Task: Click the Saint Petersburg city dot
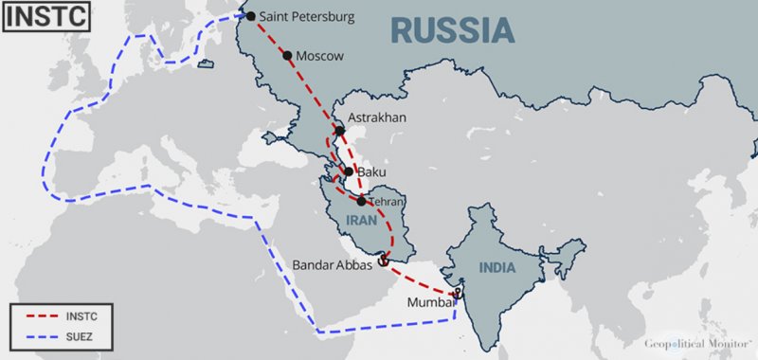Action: tap(250, 15)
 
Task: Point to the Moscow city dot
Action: tap(288, 55)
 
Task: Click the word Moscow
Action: tap(319, 56)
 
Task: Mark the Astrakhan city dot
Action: tap(339, 130)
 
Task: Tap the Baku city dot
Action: tap(349, 171)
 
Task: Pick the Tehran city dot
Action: tap(362, 201)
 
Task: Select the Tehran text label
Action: tap(388, 202)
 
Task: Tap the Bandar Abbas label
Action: tap(333, 265)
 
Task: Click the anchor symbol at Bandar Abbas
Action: tap(382, 260)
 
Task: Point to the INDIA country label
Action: tap(496, 267)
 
